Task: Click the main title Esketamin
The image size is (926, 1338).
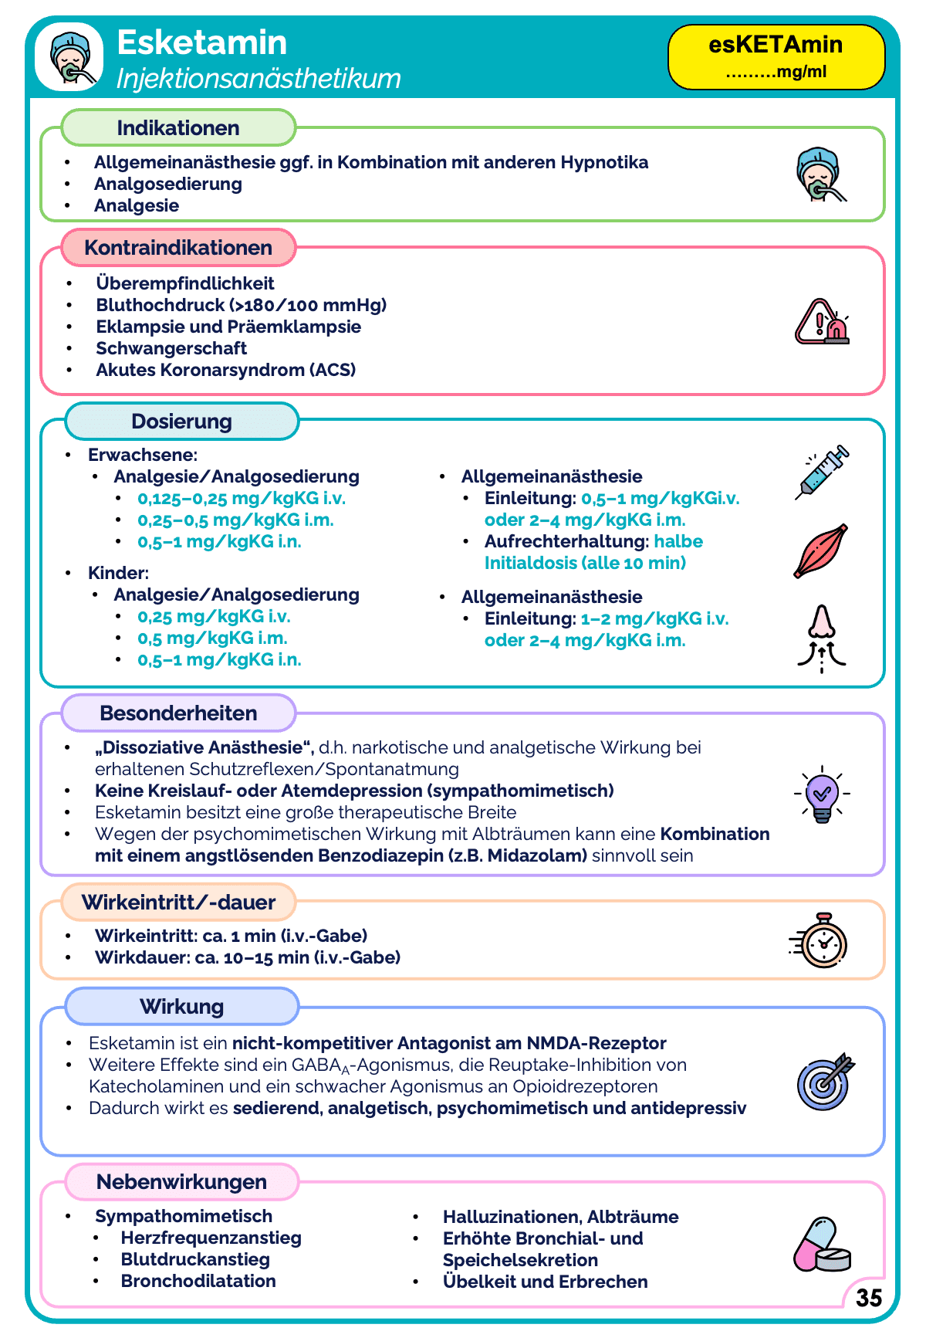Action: pos(202,43)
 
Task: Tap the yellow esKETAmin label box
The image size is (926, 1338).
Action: pos(776,56)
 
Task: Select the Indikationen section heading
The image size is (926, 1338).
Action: pos(178,128)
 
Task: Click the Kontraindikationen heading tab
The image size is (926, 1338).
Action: pos(178,248)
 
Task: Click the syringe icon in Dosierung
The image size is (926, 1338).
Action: pos(823,471)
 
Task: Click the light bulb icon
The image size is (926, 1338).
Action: pos(822,794)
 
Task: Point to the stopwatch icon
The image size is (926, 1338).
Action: pos(821,940)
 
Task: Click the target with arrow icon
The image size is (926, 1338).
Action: pos(825,1081)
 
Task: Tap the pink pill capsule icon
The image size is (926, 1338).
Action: pos(821,1245)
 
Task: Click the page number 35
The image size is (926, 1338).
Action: pos(869,1297)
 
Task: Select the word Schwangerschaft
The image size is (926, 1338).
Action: pos(171,348)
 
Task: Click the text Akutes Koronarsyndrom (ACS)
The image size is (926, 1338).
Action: pos(226,370)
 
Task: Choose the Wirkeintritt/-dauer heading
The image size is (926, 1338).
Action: pos(178,903)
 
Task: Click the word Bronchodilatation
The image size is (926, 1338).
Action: pos(198,1281)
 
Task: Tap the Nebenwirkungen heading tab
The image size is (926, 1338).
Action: pos(181,1182)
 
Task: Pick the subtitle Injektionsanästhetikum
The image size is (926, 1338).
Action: pos(259,79)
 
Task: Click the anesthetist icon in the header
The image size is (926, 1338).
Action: pos(69,56)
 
